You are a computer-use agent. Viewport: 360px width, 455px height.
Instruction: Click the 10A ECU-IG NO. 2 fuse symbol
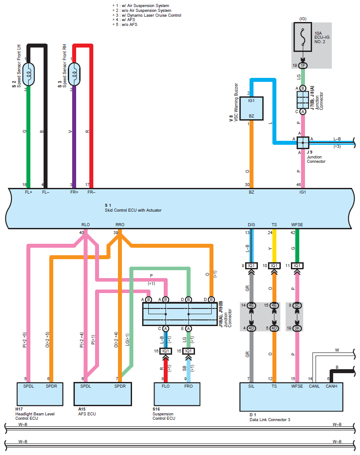(303, 37)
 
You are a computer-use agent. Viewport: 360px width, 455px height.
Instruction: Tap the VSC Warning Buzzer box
(251, 109)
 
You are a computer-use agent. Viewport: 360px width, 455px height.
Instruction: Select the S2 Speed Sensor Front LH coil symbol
(29, 74)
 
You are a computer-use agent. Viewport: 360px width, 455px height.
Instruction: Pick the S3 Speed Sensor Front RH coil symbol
(74, 74)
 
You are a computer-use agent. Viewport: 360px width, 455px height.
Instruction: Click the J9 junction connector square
(303, 143)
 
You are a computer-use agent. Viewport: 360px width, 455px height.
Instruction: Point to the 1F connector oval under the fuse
(303, 66)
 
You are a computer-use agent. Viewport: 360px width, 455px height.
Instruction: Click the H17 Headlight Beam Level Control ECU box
(40, 394)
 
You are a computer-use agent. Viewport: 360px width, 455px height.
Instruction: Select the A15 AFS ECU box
(103, 394)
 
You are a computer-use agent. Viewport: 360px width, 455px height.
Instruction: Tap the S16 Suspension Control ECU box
(177, 394)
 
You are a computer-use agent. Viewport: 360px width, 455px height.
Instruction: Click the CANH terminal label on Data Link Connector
(331, 386)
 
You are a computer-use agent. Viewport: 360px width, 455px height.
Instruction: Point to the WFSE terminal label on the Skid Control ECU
(297, 224)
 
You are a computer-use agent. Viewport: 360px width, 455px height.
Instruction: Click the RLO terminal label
(86, 224)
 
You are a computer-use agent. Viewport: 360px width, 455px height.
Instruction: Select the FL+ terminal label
(29, 192)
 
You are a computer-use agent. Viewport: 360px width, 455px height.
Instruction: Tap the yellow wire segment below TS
(274, 246)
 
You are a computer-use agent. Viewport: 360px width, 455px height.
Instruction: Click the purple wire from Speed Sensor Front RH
(74, 137)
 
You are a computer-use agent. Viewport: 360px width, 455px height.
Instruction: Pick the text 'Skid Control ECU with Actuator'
(133, 210)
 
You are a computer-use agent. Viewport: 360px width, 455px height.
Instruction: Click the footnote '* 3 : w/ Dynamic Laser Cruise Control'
(147, 15)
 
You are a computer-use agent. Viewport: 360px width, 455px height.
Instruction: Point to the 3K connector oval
(297, 328)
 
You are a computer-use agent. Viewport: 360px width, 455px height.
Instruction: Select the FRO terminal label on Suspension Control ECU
(188, 386)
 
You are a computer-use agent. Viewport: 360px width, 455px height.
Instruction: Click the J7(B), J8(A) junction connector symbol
(303, 100)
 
